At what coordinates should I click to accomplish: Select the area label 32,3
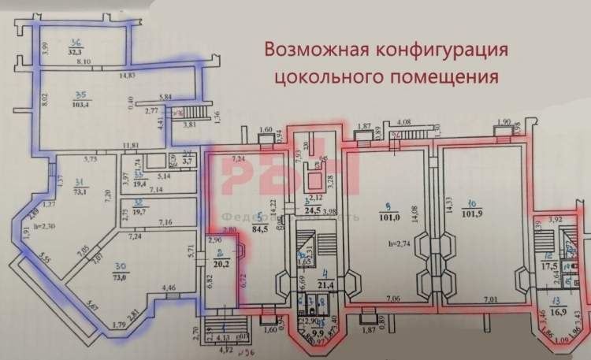pos(76,52)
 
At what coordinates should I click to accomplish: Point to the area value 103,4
pos(82,104)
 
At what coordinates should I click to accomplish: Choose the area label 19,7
pos(142,211)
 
